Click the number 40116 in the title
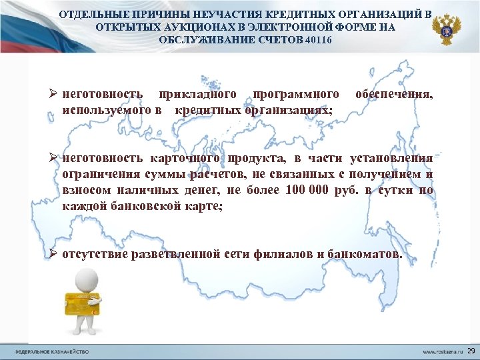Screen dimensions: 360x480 [x=317, y=40]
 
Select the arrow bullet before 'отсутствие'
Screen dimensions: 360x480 [x=53, y=255]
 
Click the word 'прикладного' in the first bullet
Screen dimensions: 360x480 [x=194, y=95]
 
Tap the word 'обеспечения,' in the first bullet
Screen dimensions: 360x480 [x=394, y=95]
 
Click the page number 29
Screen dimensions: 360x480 [x=471, y=351]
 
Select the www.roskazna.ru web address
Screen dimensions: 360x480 [x=444, y=351]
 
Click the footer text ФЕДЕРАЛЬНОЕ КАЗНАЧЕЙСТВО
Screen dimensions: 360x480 [x=52, y=351]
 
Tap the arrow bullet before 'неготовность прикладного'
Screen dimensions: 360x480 [x=53, y=95]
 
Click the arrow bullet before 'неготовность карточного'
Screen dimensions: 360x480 [x=53, y=159]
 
